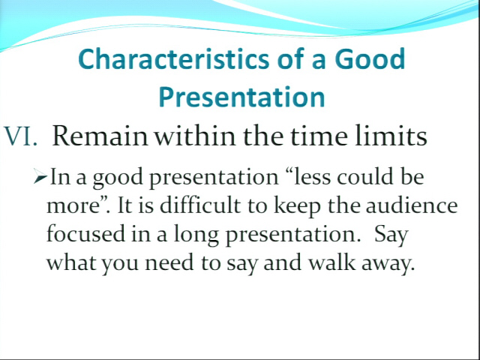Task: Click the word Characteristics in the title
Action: click(174, 58)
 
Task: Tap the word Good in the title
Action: click(370, 58)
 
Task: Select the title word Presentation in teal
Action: click(241, 97)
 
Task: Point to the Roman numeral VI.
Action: click(21, 136)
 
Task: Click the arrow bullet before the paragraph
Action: click(40, 177)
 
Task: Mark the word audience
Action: click(412, 205)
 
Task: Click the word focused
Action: click(86, 233)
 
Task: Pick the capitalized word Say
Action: click(391, 235)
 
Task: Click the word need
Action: click(169, 262)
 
